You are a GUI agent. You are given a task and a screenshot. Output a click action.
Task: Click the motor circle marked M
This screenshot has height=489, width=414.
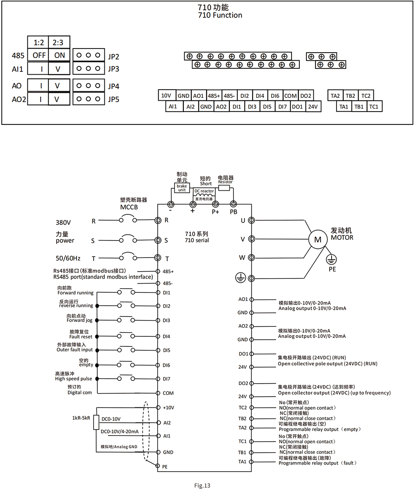click(x=318, y=239)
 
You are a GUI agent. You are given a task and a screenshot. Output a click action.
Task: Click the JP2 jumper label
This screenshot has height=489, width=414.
click(x=113, y=56)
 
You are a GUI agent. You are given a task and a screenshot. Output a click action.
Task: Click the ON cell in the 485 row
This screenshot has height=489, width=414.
click(x=59, y=55)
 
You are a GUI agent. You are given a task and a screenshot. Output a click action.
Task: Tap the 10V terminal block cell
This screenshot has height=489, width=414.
click(x=166, y=95)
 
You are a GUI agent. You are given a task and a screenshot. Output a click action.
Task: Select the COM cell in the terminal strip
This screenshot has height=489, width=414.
click(x=290, y=95)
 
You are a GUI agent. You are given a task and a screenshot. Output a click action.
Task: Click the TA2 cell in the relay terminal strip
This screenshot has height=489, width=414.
click(x=335, y=95)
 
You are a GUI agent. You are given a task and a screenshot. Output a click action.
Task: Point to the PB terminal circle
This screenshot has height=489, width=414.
click(x=233, y=204)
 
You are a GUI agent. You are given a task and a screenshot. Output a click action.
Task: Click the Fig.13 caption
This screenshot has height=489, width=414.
click(x=202, y=485)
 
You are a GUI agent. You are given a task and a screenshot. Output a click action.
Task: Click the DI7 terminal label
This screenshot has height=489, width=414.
click(x=166, y=379)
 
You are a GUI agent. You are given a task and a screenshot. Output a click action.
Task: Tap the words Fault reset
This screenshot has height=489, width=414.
click(x=81, y=337)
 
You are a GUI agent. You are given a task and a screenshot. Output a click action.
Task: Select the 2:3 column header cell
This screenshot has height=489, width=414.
click(x=59, y=42)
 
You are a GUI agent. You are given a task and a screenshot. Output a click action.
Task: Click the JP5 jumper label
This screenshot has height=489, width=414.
click(x=113, y=100)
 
